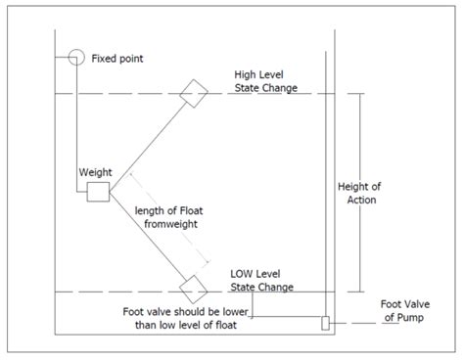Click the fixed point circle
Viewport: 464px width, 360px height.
74,58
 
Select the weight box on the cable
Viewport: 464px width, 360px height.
98,192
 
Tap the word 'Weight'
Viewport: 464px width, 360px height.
96,172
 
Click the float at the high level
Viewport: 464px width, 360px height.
194,92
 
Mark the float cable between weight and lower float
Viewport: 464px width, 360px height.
147,239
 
